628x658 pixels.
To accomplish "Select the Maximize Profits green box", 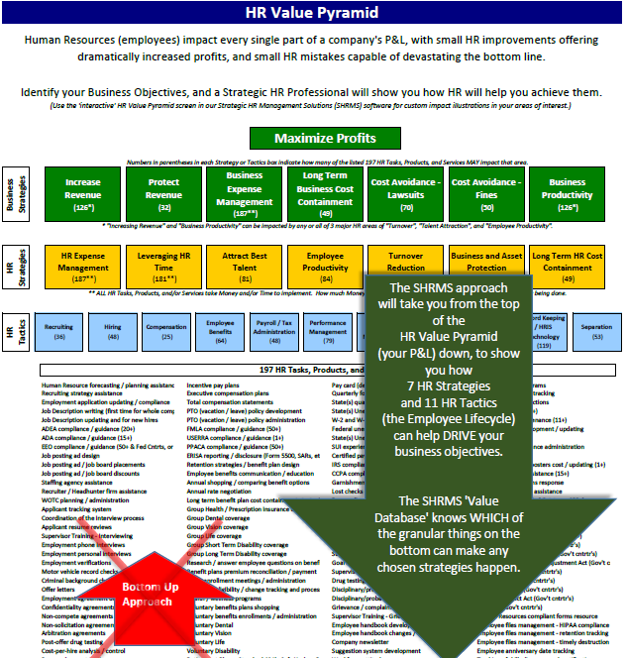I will [312, 138].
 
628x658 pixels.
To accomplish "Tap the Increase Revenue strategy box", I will [83, 194].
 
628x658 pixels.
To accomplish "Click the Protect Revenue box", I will [163, 194].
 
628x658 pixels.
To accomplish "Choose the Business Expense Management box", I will [245, 194].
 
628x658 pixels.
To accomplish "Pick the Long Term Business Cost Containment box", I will [326, 194].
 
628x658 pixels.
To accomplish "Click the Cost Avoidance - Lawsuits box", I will [406, 194].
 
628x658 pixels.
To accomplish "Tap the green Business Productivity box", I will [568, 194].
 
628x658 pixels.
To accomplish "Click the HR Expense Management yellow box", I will [83, 268].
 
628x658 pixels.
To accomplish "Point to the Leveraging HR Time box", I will [163, 268].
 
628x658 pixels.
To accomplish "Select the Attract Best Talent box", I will [245, 268].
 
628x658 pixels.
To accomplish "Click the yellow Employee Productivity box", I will [326, 268].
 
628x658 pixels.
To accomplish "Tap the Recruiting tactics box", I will [58, 330].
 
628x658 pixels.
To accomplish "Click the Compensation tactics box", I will [165, 330].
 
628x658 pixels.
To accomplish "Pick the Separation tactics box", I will [596, 330].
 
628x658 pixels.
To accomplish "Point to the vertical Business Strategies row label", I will [13, 193].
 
